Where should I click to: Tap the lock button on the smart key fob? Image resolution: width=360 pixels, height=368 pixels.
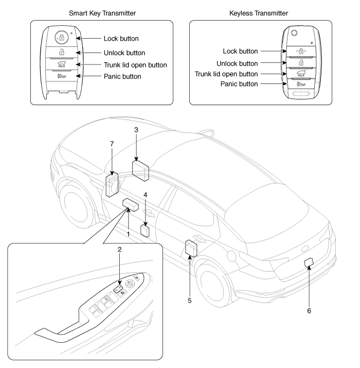[61, 38]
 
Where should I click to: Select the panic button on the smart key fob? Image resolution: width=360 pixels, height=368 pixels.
[62, 76]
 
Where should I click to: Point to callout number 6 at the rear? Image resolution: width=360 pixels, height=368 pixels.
[309, 310]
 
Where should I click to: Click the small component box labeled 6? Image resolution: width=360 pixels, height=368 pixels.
[309, 263]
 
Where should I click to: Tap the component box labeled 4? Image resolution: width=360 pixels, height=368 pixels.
[146, 230]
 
